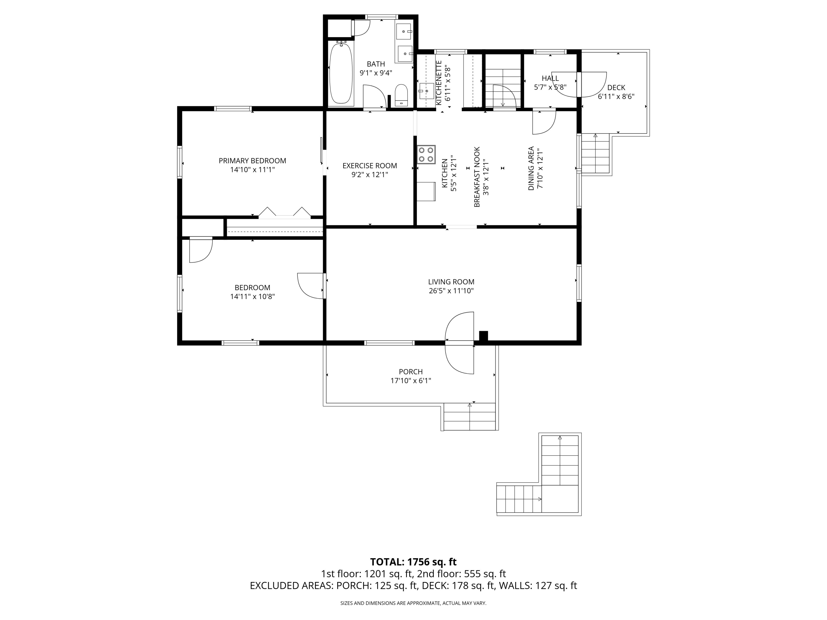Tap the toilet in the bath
click(401, 95)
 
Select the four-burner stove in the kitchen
click(426, 155)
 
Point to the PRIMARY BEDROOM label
click(252, 161)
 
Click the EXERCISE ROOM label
click(370, 166)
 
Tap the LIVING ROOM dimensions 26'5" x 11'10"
click(451, 291)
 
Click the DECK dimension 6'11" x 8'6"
click(616, 96)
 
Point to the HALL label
click(550, 78)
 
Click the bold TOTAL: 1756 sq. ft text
click(413, 562)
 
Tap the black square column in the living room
click(484, 336)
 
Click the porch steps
click(469, 416)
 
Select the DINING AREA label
click(531, 169)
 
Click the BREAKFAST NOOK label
click(477, 177)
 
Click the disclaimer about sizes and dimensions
click(413, 603)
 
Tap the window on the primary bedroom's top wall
click(233, 109)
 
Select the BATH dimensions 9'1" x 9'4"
click(376, 73)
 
